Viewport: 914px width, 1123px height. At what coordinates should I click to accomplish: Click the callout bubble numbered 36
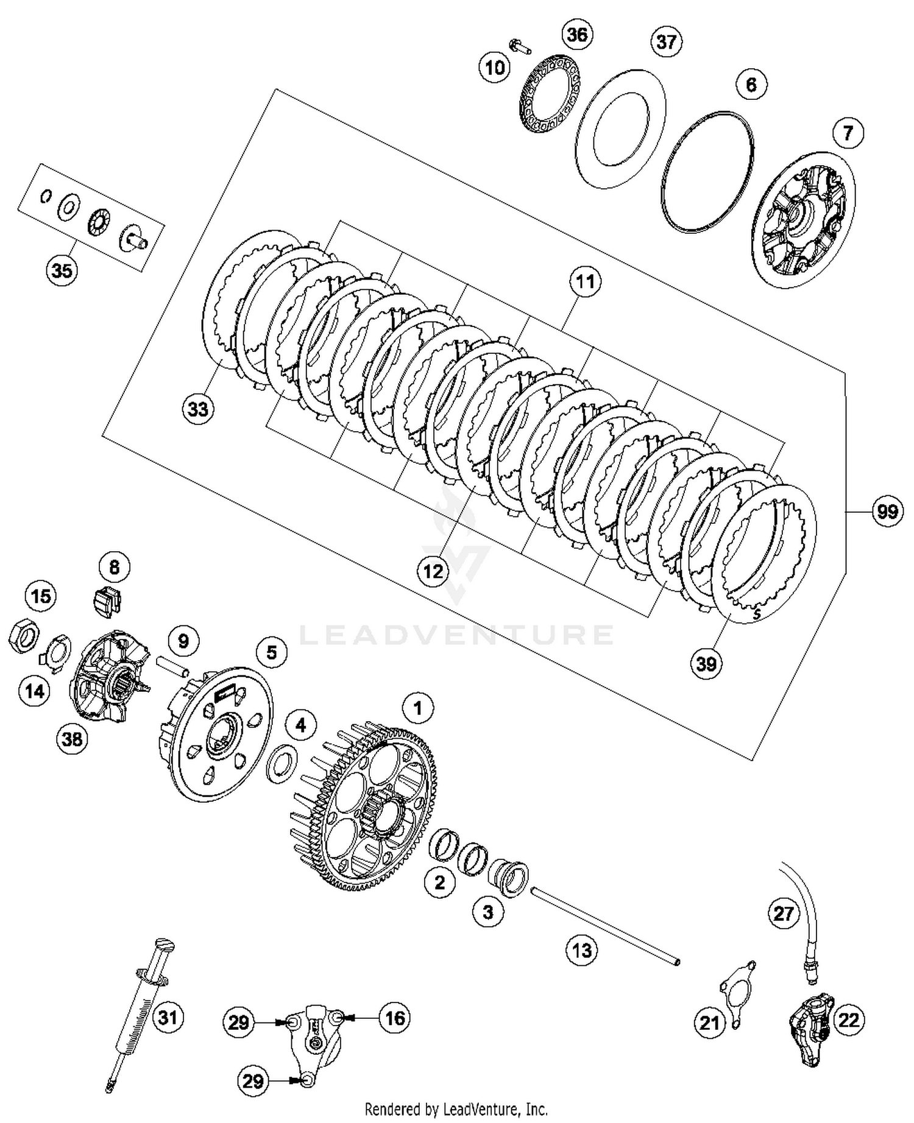coord(577,35)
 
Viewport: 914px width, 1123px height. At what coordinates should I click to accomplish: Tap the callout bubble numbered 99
coord(887,511)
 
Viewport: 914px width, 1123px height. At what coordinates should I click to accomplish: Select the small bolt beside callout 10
coord(518,46)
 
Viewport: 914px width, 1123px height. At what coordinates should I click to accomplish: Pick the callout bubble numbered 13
coord(582,949)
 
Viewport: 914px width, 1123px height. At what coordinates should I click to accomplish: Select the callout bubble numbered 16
coord(395,1017)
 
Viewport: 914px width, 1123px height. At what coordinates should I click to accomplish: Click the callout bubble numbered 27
coord(783,913)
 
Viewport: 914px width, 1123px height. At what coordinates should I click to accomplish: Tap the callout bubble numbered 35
coord(62,270)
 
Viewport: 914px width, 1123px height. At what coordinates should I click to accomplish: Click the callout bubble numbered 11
coord(585,282)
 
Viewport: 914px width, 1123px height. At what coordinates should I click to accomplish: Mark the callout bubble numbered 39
coord(706,663)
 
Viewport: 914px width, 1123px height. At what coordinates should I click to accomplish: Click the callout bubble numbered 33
coord(198,409)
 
